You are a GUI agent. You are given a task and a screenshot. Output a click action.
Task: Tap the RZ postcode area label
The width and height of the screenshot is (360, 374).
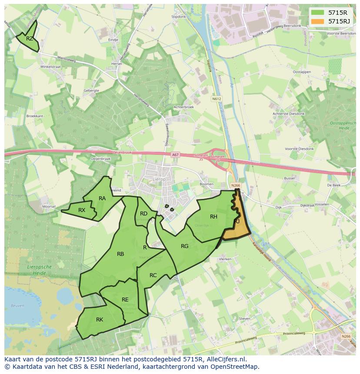tap(29, 39)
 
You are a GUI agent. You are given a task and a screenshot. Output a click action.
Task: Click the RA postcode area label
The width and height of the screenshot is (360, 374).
tap(102, 199)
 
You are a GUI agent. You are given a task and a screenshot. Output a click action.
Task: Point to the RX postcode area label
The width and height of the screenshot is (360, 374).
tap(82, 210)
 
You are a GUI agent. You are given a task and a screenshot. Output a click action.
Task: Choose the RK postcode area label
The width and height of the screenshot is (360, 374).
tap(100, 320)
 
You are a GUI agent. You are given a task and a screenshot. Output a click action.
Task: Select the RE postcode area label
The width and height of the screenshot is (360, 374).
tap(125, 300)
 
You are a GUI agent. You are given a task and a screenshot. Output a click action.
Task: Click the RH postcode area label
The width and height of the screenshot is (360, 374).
tap(213, 217)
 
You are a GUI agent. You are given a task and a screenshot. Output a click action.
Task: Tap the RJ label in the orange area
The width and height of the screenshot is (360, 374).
tap(237, 222)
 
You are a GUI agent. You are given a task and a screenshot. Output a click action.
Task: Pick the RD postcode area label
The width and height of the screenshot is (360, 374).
tap(143, 213)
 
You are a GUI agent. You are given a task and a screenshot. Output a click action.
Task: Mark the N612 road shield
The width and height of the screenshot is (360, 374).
tap(217, 99)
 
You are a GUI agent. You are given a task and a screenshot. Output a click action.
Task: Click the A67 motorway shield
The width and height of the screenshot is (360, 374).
tap(175, 155)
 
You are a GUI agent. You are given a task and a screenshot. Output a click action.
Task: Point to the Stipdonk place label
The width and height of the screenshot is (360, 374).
tap(178, 17)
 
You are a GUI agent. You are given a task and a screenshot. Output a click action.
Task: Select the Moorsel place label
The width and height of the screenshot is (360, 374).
tap(49, 207)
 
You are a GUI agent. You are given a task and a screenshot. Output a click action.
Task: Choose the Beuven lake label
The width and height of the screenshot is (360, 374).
tap(17, 306)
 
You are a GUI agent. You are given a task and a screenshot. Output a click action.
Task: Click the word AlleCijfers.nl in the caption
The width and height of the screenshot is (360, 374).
tap(225, 360)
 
